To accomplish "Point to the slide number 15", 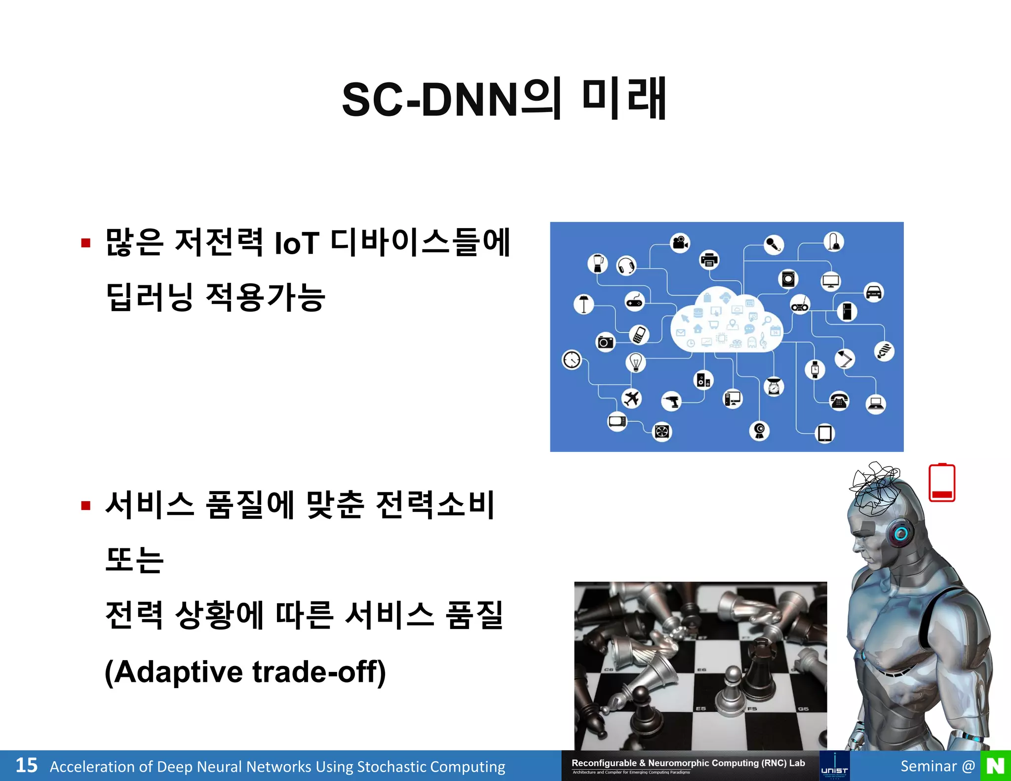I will [x=26, y=766].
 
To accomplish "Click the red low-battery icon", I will [x=942, y=483].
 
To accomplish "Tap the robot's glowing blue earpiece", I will [x=900, y=534].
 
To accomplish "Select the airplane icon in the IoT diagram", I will [x=631, y=398].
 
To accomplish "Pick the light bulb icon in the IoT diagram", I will [x=636, y=362].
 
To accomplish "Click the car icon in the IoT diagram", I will [x=874, y=292].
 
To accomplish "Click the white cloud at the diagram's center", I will [x=726, y=321].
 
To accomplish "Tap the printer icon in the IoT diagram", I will [x=709, y=260].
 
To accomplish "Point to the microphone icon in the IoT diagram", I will [x=774, y=244].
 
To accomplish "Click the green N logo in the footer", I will [x=995, y=766].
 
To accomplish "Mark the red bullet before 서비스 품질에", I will [x=86, y=506].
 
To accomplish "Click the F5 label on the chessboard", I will [x=752, y=708].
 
